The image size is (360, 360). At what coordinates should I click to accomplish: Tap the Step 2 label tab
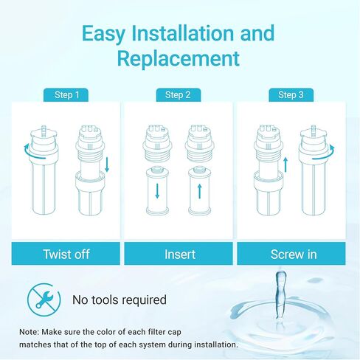(x=178, y=94)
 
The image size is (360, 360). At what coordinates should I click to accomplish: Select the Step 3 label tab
(x=291, y=94)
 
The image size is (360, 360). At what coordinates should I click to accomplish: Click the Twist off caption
(x=66, y=254)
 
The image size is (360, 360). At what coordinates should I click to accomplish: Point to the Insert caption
(x=179, y=254)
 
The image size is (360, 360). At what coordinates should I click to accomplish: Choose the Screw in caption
(x=292, y=254)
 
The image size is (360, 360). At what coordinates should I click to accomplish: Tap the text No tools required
(x=119, y=300)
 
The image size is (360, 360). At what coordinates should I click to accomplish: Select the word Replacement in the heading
(x=179, y=58)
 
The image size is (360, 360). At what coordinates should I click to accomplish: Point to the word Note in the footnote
(x=33, y=330)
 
